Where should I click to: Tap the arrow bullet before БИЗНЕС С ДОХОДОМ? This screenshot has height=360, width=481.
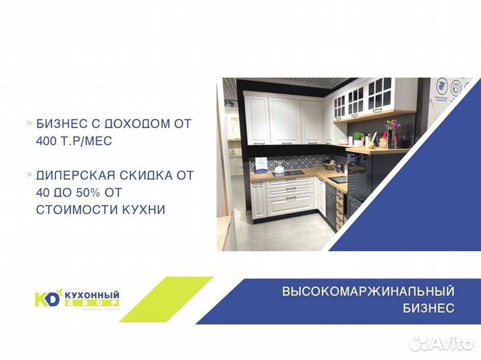pos(28,124)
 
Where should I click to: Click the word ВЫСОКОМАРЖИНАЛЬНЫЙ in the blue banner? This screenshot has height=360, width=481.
pos(368,292)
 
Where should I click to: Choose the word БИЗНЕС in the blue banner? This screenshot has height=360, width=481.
pos(429,308)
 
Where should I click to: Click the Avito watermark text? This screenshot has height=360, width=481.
pos(448,343)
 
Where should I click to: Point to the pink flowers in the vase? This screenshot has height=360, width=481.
pos(391,126)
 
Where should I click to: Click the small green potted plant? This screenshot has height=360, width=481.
pos(358,138)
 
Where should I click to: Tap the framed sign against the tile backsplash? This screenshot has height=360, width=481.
pos(261,164)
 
